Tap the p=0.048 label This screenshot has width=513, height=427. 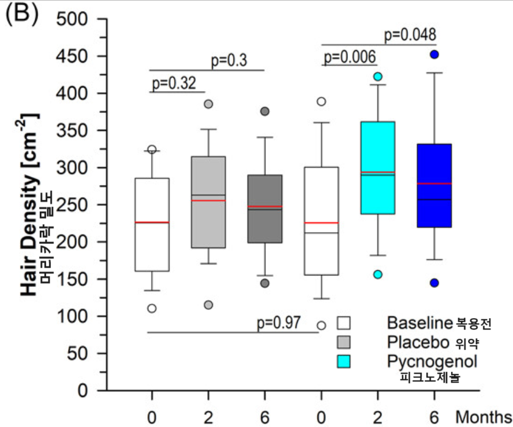pyautogui.click(x=410, y=35)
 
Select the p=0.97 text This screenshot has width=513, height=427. pyautogui.click(x=279, y=322)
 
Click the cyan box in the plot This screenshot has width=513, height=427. pyautogui.click(x=377, y=168)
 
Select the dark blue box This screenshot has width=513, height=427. pyautogui.click(x=434, y=186)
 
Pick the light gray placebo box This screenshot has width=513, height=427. pyautogui.click(x=208, y=202)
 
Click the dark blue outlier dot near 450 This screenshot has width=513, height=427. pyautogui.click(x=434, y=54)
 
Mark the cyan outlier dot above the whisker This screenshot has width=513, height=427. pyautogui.click(x=377, y=76)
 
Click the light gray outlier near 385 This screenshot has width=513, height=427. pyautogui.click(x=208, y=104)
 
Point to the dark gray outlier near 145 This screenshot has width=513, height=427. pyautogui.click(x=264, y=283)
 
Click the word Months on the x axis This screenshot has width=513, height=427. pyautogui.click(x=483, y=416)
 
